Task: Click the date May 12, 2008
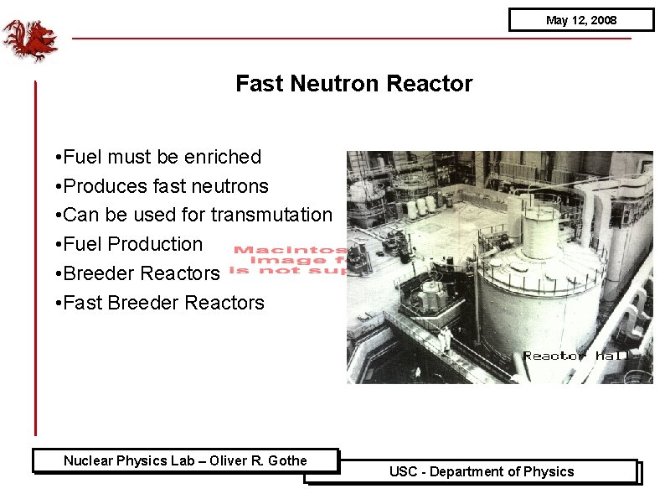pyautogui.click(x=580, y=20)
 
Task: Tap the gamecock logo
pyautogui.click(x=29, y=40)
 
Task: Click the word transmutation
pyautogui.click(x=271, y=215)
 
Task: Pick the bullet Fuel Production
pyautogui.click(x=132, y=244)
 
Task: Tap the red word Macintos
pyautogui.click(x=290, y=250)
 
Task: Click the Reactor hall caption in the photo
pyautogui.click(x=575, y=356)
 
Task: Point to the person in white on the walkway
pyautogui.click(x=446, y=337)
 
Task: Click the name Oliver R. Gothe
pyautogui.click(x=258, y=460)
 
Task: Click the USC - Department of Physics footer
pyautogui.click(x=482, y=471)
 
